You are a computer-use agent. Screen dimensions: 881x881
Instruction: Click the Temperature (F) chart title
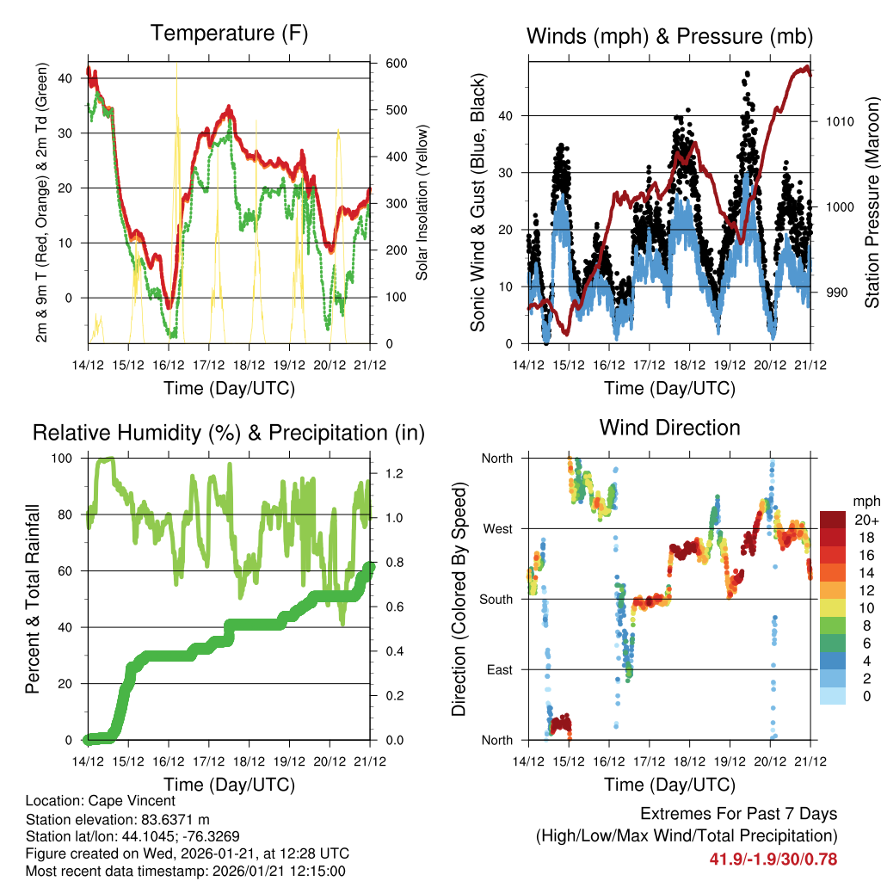[229, 34]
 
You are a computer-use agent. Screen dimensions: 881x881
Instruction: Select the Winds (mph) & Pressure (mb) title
[669, 36]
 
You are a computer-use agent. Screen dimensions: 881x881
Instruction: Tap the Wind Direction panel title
[669, 428]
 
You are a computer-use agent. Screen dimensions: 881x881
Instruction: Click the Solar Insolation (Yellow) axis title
[422, 202]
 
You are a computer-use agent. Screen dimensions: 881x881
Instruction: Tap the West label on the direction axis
[496, 528]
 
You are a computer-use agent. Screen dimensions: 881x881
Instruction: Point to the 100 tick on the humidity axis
[63, 458]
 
